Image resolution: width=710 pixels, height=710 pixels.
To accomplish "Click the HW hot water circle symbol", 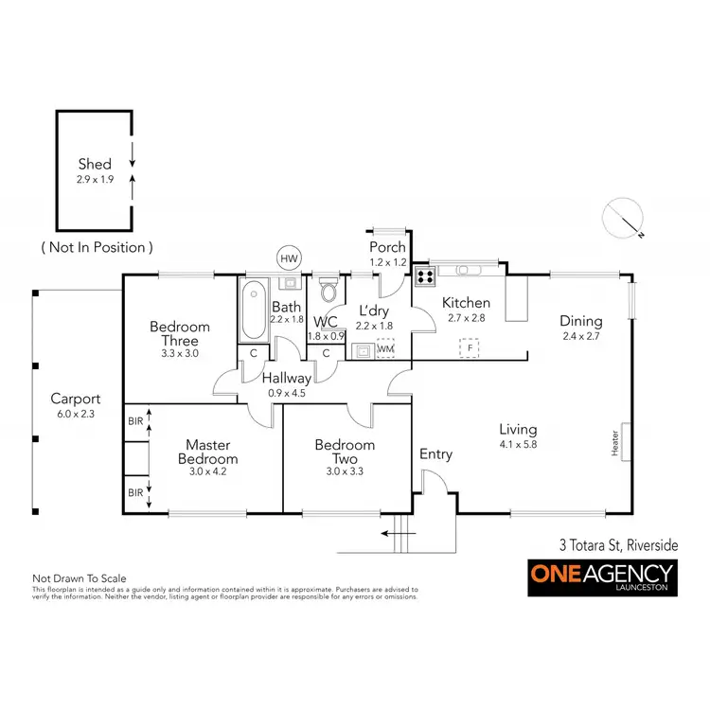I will click(x=288, y=257).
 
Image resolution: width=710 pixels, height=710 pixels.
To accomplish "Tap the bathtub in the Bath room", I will click(x=254, y=311).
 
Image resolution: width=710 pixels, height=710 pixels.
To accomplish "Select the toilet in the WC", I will click(x=328, y=287).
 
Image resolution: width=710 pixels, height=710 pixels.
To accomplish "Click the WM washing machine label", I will click(x=385, y=349).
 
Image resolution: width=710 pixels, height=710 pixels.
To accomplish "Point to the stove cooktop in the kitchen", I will click(x=425, y=276).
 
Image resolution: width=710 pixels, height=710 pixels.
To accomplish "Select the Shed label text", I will click(x=94, y=164).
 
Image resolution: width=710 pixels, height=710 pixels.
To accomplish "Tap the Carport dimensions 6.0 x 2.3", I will click(x=76, y=414).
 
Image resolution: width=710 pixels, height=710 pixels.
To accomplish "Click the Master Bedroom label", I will click(x=209, y=451).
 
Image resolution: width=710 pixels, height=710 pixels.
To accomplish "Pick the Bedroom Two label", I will click(x=344, y=452).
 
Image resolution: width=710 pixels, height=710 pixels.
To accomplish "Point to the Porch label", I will click(x=387, y=247).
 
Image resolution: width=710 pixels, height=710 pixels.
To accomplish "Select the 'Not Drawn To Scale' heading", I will click(x=80, y=577).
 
